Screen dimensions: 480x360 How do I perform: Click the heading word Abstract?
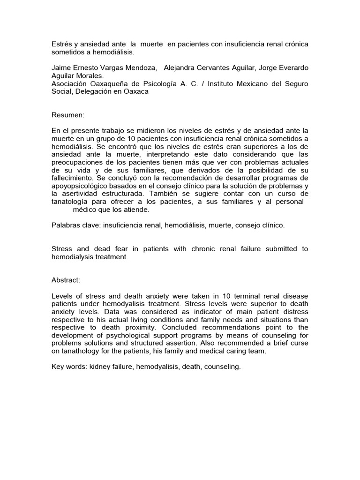click(66, 280)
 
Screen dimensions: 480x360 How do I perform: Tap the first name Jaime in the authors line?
click(62, 67)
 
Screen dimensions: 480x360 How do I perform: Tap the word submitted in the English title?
click(279, 249)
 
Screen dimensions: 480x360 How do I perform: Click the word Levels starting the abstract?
click(63, 296)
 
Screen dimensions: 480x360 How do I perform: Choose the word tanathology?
click(81, 352)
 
